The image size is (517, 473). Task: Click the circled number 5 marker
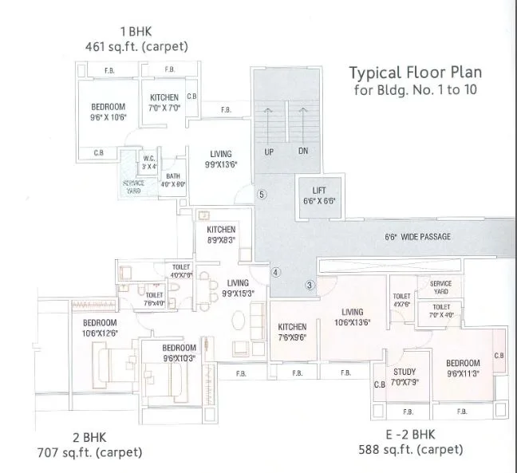[x=261, y=194]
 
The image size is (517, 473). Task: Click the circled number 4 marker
[x=275, y=272]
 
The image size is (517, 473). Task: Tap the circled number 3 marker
[x=310, y=285]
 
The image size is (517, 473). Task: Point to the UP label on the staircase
[x=269, y=151]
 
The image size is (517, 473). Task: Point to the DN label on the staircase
[x=303, y=151]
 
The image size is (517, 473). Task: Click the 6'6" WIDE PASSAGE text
[x=417, y=237]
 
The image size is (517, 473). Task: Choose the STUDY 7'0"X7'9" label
[x=403, y=376]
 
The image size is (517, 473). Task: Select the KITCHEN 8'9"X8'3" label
[x=221, y=235]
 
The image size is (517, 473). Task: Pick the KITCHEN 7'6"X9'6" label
[x=292, y=332]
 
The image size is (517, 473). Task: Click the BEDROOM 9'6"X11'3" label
[x=463, y=368]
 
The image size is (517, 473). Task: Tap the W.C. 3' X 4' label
[x=148, y=163]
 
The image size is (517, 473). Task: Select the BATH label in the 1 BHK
[x=173, y=179]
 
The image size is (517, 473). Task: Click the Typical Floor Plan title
[x=416, y=73]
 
